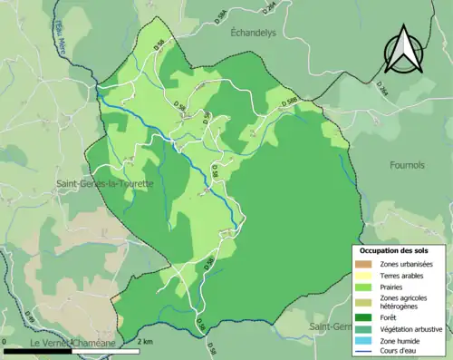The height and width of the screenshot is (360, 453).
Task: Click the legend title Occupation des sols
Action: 395,250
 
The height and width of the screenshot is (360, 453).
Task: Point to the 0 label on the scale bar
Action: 6,341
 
